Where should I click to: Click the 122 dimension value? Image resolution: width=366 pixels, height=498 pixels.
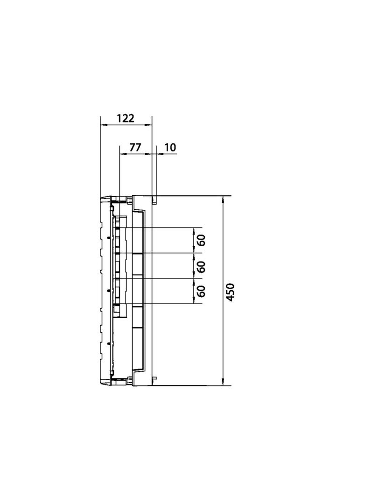tap(125, 118)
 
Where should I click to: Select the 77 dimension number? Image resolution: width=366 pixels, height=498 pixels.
tap(135, 147)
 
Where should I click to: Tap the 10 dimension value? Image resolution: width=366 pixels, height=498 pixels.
tap(170, 148)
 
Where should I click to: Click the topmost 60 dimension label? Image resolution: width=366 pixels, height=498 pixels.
tap(201, 240)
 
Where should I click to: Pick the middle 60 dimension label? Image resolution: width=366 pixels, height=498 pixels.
tap(201, 266)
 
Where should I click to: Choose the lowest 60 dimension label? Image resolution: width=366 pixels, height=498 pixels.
tap(201, 292)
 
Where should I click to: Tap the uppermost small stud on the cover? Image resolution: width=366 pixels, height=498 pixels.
tap(108, 237)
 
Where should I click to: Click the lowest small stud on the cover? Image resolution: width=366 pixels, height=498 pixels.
tap(108, 343)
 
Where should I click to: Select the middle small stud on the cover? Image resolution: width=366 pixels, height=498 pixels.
tap(108, 291)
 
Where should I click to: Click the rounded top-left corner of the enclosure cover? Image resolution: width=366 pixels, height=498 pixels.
tap(103, 199)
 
